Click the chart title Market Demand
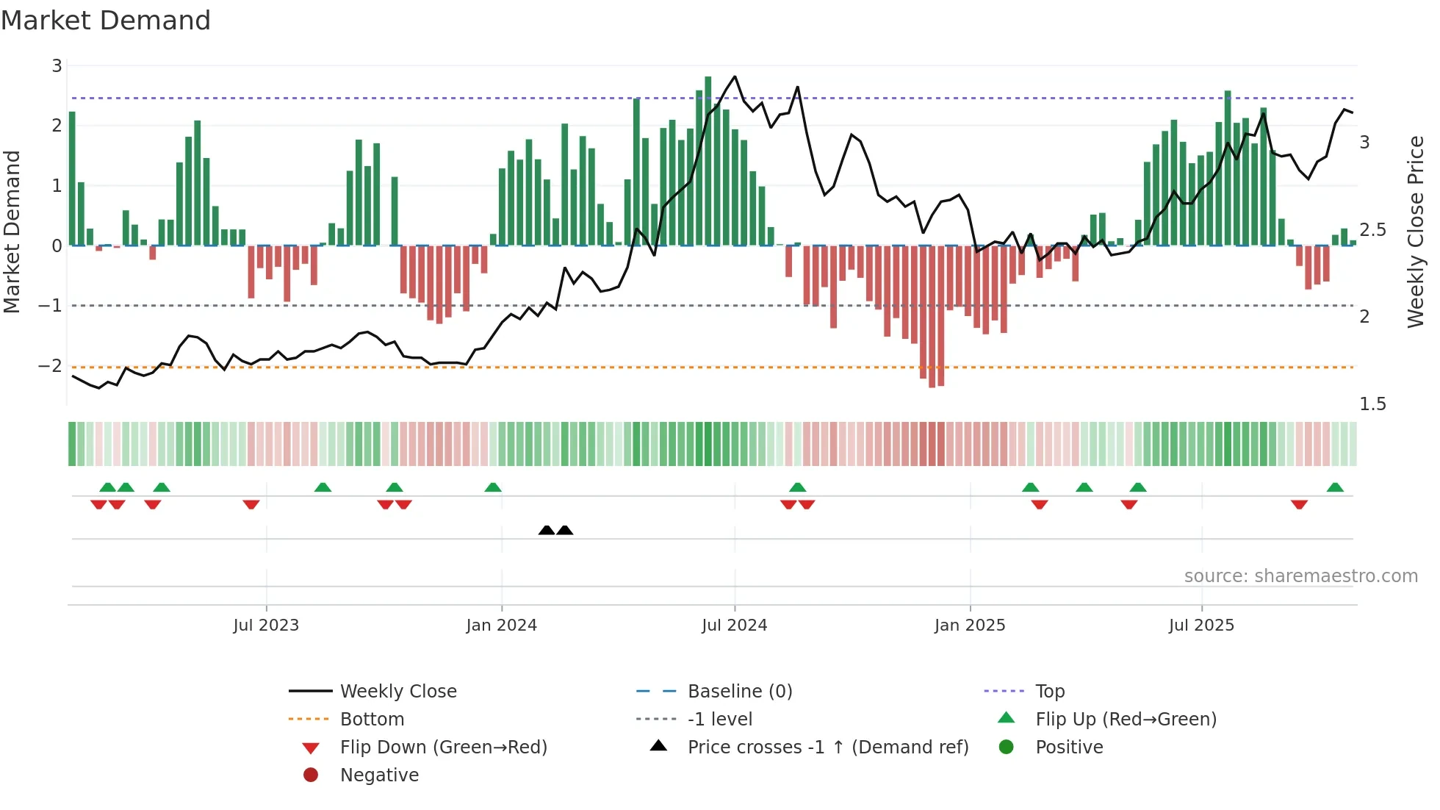[x=106, y=21]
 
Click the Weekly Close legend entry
[x=397, y=691]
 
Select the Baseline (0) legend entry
[x=739, y=691]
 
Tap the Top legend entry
[x=1049, y=691]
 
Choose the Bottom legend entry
[x=372, y=719]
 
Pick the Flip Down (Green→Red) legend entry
[x=443, y=747]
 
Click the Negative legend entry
[x=379, y=775]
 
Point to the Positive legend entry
[x=1068, y=747]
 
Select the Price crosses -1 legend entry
[x=827, y=747]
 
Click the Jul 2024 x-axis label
[x=734, y=625]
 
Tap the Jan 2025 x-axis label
[x=969, y=625]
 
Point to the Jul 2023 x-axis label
[x=266, y=625]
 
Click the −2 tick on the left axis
[x=50, y=365]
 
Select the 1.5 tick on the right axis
[x=1372, y=404]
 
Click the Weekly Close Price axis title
[x=1415, y=232]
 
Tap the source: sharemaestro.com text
[x=1300, y=576]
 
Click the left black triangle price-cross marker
[x=547, y=530]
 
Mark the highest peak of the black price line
[x=734, y=76]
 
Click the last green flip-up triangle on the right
[x=1335, y=487]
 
